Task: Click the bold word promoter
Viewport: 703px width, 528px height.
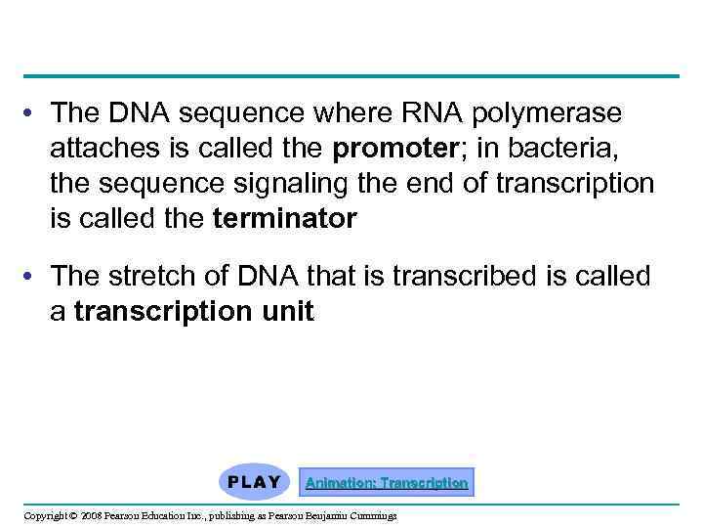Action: [x=389, y=150]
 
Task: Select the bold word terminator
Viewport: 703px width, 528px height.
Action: [x=284, y=219]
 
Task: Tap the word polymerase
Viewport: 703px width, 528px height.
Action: [x=546, y=114]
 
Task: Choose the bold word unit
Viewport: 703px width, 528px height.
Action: [x=285, y=312]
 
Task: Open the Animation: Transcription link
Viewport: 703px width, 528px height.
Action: [x=387, y=482]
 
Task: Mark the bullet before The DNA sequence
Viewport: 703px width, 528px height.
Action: [x=33, y=114]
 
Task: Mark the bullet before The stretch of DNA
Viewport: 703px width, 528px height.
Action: [x=33, y=278]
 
